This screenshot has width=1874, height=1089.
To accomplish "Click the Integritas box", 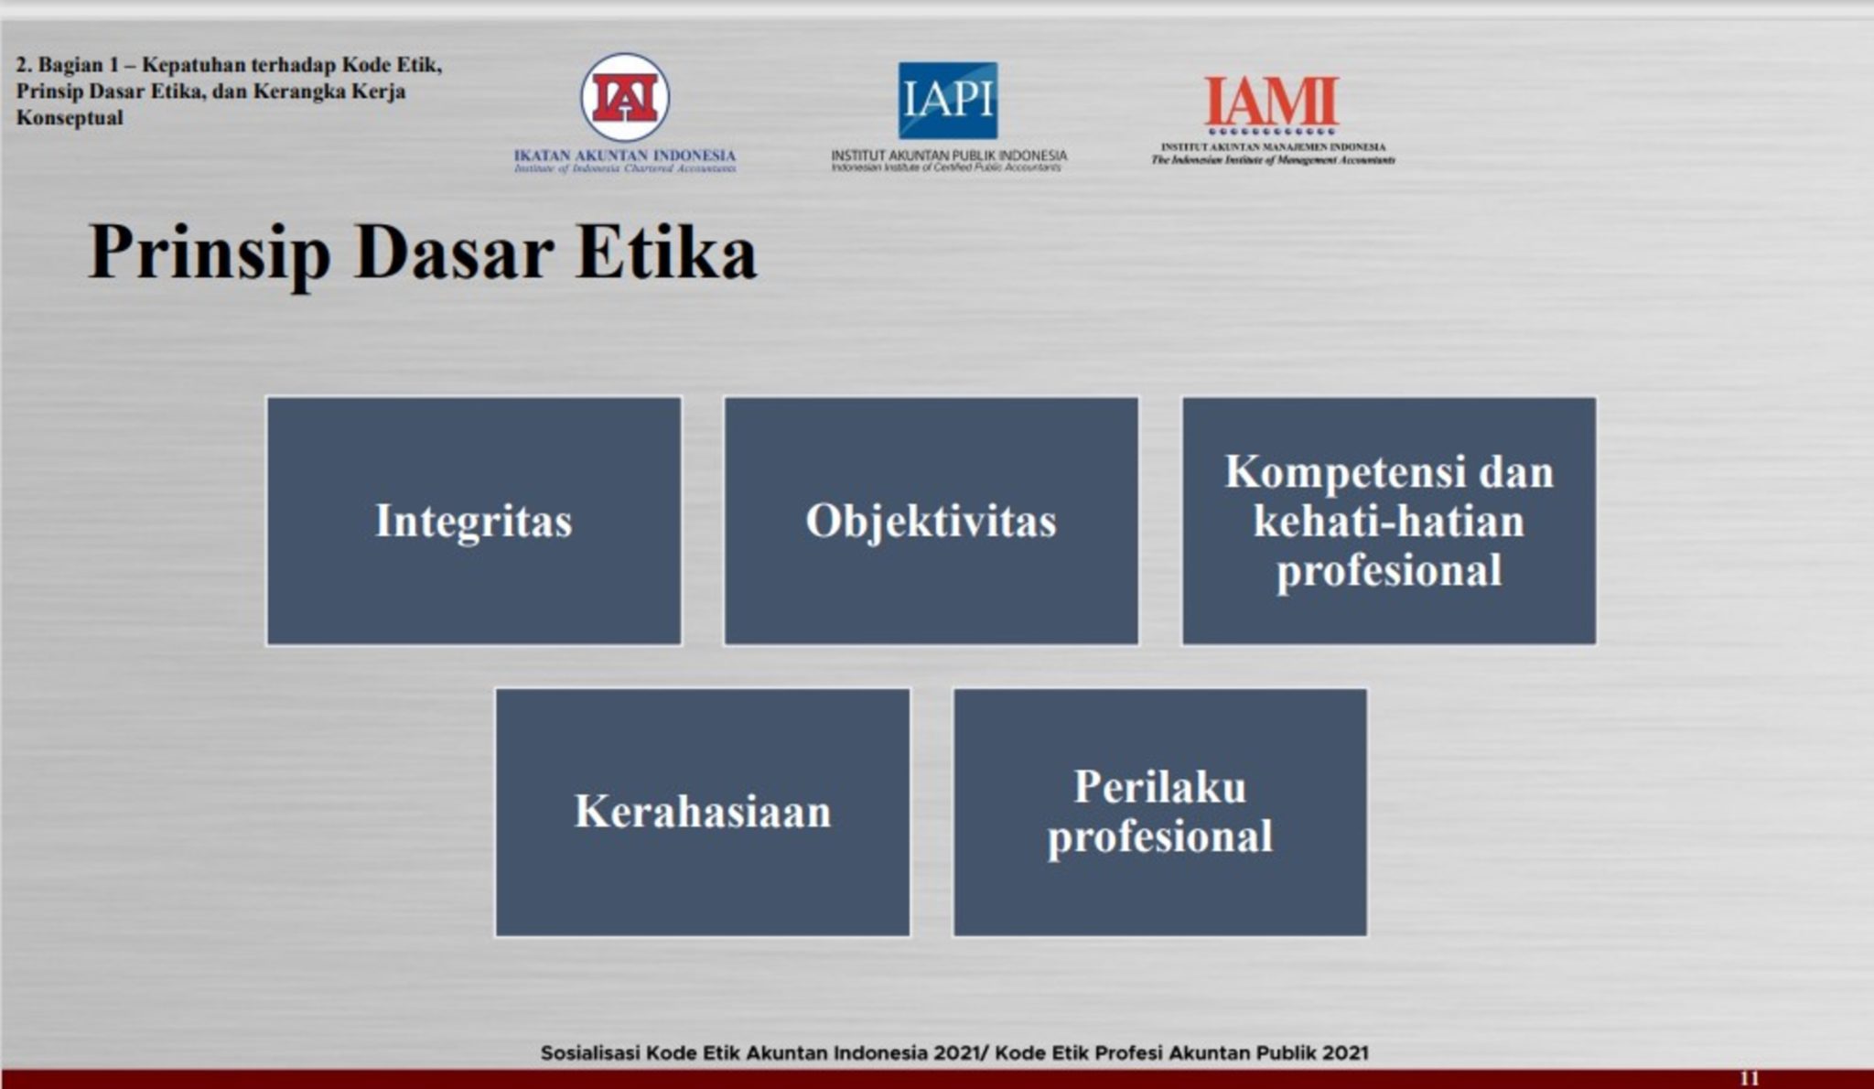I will [473, 521].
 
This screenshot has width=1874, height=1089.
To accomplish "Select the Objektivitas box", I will [931, 521].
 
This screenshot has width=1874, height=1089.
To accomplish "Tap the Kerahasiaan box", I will [702, 812].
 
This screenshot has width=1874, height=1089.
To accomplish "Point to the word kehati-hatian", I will [1388, 522].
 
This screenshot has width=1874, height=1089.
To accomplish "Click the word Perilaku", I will [1159, 787].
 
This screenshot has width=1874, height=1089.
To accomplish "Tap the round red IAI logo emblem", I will [625, 98].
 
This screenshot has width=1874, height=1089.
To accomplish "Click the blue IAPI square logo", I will [947, 101].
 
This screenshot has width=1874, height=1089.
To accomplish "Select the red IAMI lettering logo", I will [1271, 102].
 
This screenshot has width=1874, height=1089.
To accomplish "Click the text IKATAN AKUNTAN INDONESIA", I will [625, 156].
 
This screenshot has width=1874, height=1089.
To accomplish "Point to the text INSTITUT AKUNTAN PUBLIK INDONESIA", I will [949, 156].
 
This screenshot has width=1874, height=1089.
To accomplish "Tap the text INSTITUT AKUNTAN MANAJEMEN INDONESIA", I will [1273, 146].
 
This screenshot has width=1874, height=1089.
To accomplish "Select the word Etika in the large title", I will [666, 252].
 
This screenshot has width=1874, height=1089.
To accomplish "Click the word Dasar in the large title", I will [454, 252].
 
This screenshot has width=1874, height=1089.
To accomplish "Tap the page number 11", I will [1749, 1079].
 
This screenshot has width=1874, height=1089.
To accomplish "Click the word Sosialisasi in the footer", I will [590, 1053].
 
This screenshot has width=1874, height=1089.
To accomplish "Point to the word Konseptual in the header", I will [70, 118].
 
